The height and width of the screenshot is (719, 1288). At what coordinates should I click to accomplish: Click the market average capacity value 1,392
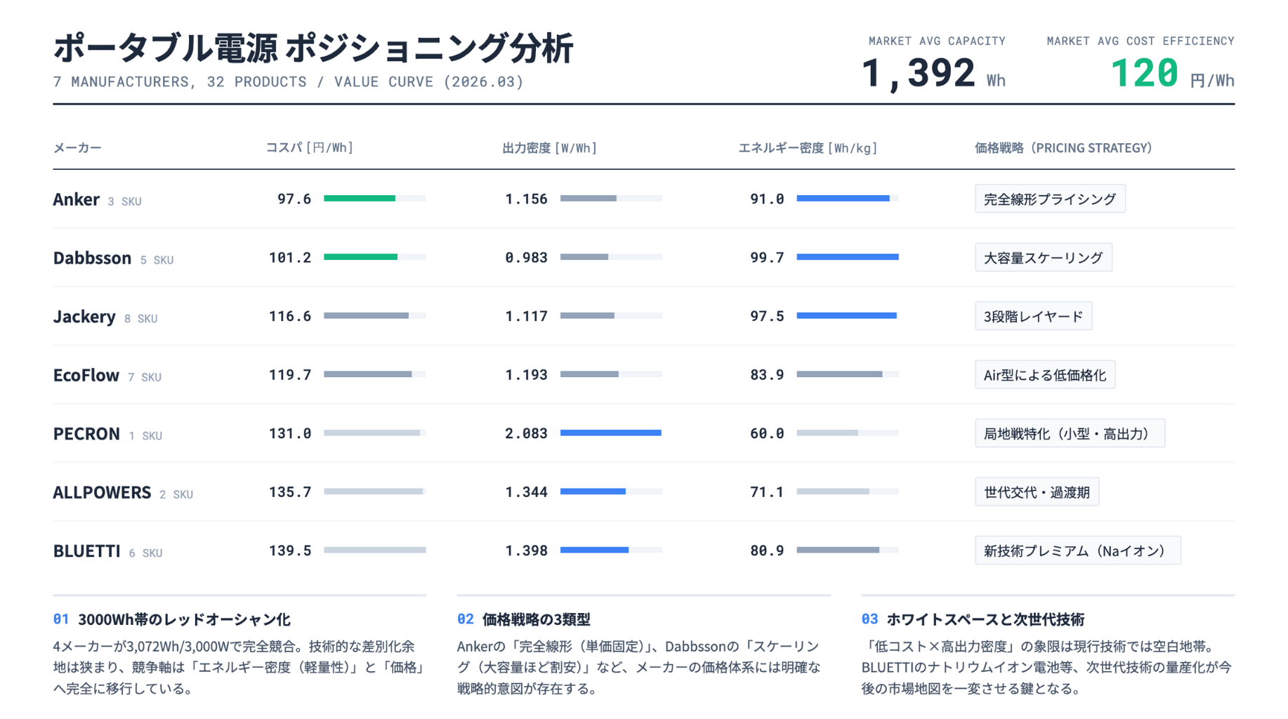pos(918,73)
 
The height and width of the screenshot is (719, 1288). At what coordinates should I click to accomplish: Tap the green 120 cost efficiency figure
pos(1144,73)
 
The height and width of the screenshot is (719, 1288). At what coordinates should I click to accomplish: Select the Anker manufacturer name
pos(76,199)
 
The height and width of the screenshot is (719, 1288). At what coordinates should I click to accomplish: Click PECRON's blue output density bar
pos(610,433)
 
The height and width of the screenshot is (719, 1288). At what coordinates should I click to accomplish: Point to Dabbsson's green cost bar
pos(360,258)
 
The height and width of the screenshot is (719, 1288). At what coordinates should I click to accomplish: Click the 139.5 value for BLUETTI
pos(290,551)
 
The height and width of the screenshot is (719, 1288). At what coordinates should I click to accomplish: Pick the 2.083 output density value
pos(526,434)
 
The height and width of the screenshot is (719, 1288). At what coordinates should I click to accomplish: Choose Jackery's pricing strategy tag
pos(1033,317)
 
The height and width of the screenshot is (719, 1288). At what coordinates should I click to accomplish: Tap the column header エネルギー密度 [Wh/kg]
pos(808,148)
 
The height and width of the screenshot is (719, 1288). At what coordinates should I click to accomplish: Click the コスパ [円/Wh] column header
pos(309,148)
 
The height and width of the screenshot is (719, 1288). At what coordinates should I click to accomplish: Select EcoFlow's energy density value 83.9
pos(767,375)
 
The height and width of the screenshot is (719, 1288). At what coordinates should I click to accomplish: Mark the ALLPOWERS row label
pos(102,492)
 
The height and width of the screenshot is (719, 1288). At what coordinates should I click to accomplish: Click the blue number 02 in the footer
pos(465,619)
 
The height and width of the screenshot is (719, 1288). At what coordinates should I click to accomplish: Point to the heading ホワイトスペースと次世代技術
pos(985,619)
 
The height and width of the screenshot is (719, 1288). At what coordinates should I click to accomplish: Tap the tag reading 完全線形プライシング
pos(1050,199)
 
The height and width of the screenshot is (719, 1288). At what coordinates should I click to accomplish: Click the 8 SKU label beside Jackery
pos(140,319)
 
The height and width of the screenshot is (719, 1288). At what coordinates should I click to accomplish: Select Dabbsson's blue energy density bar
pos(847,258)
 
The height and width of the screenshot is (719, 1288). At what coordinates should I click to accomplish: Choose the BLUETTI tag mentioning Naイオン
pos(1077,551)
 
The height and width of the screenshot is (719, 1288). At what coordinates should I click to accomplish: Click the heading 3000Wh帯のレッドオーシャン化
pos(184,619)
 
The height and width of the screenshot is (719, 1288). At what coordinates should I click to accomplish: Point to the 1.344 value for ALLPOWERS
pos(526,492)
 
